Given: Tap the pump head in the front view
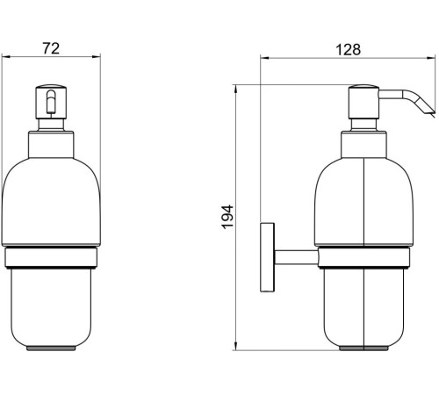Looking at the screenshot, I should [51, 105].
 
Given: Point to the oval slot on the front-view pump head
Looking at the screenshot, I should [51, 102].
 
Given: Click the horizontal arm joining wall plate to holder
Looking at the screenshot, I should [294, 255].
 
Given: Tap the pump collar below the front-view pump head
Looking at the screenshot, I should [51, 142].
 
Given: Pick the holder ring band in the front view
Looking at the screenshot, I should [51, 257].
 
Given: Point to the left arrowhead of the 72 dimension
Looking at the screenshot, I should [4, 59].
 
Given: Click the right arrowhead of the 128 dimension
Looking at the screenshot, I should [433, 59].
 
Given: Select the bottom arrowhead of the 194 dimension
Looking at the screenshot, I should [236, 348].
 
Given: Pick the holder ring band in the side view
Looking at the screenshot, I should [363, 257].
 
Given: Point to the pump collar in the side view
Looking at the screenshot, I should [363, 143].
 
